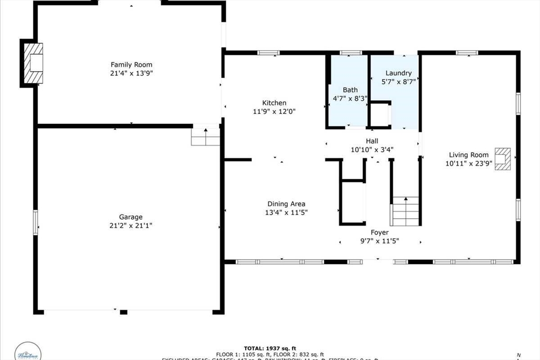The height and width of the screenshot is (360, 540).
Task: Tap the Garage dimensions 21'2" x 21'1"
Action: pyautogui.click(x=130, y=226)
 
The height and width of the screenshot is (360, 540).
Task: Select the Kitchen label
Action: pyautogui.click(x=274, y=103)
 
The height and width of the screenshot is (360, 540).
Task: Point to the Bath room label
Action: pyautogui.click(x=350, y=90)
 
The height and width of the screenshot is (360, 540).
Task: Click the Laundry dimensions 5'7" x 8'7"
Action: pyautogui.click(x=398, y=82)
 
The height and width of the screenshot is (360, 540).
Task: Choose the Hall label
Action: pyautogui.click(x=372, y=141)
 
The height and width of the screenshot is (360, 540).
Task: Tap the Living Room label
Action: pyautogui.click(x=468, y=154)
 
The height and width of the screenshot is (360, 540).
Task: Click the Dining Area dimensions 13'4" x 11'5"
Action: pyautogui.click(x=286, y=212)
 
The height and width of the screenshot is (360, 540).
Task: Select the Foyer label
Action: pyautogui.click(x=379, y=232)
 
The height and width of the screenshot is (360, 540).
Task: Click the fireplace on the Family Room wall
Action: pyautogui.click(x=33, y=63)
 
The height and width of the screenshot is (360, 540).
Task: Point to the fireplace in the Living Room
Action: pyautogui.click(x=504, y=159)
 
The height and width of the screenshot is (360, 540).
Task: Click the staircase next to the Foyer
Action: pyautogui.click(x=405, y=211)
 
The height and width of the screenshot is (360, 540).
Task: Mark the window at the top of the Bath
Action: pyautogui.click(x=351, y=53)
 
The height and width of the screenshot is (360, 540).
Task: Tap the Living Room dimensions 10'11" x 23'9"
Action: pyautogui.click(x=468, y=163)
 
